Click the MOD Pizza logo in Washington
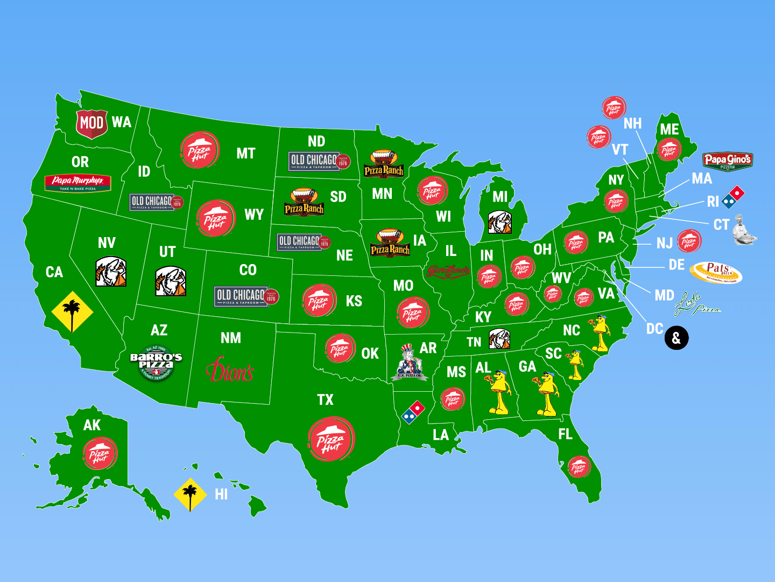coord(91,123)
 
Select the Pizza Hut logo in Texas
coord(331,439)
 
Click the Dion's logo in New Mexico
coord(230,370)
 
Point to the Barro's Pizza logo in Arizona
coord(156,363)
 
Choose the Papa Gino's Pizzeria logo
coord(727,161)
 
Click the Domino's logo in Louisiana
coord(413,412)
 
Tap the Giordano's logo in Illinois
coord(448,271)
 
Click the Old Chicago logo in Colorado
coord(246,296)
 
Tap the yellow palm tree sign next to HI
coord(190,494)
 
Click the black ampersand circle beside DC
coord(677,338)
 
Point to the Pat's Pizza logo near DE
coord(716,272)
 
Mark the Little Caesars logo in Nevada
coord(111,272)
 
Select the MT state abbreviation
coord(245,154)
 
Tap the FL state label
coord(565,434)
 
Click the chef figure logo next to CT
coord(744,230)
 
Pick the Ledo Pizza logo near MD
coord(697,304)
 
